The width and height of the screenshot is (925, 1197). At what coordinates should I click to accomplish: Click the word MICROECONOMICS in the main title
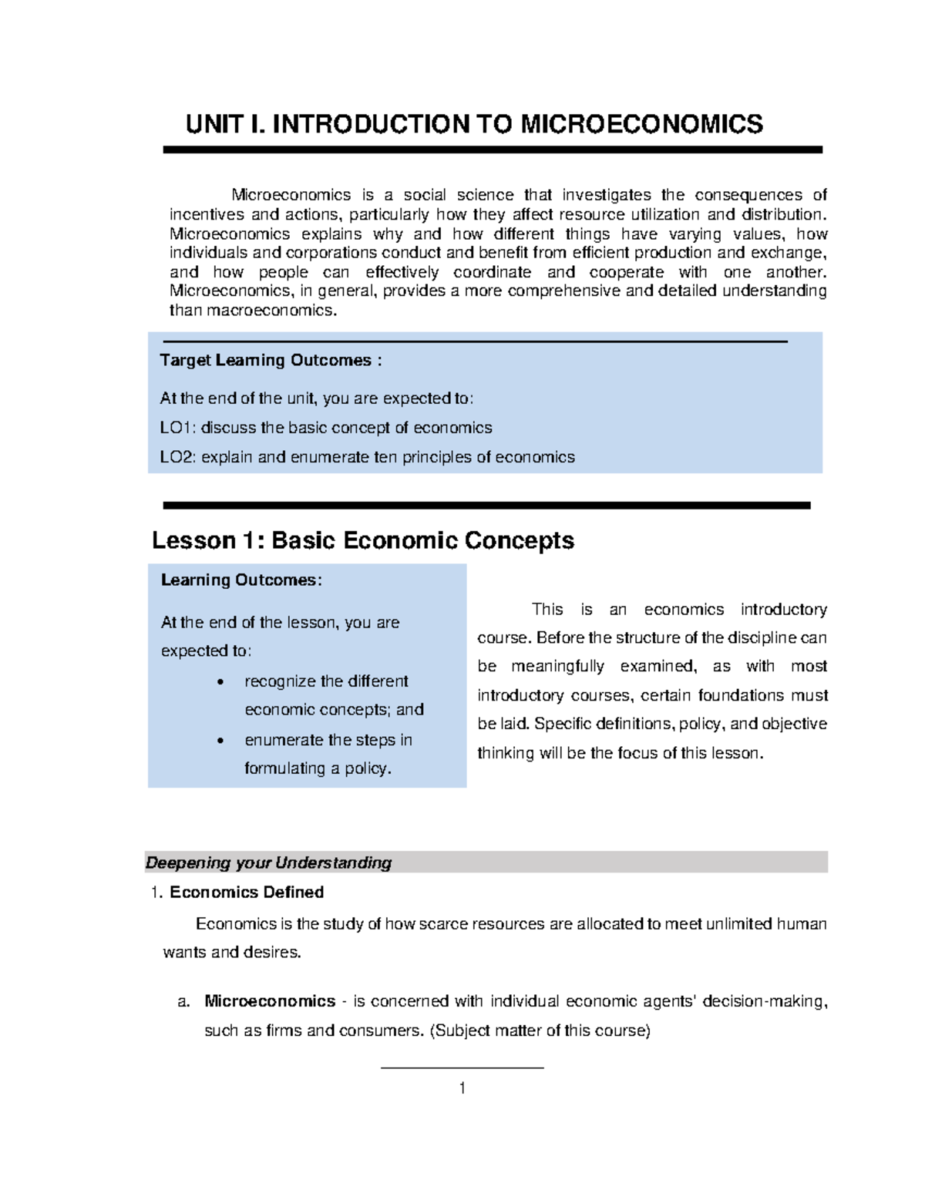(641, 124)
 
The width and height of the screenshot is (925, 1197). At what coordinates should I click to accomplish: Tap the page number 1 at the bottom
(462, 1088)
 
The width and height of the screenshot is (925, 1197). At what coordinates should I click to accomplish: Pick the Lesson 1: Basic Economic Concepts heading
(362, 540)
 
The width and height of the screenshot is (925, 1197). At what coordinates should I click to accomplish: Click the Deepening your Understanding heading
(268, 862)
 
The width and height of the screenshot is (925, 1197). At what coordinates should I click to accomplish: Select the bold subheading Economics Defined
(246, 892)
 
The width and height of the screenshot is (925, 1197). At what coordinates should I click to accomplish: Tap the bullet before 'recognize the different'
(221, 682)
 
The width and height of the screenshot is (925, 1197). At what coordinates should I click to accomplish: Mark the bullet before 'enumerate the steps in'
(221, 741)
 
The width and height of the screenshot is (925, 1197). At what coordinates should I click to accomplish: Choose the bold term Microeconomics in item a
(269, 1001)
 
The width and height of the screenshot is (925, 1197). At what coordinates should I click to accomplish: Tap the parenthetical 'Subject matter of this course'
(540, 1031)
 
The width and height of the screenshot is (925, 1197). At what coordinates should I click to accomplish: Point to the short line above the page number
(462, 1068)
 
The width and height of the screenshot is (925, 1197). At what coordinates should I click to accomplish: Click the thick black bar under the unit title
(493, 150)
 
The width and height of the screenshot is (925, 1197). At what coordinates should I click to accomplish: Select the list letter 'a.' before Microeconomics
(183, 1001)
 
